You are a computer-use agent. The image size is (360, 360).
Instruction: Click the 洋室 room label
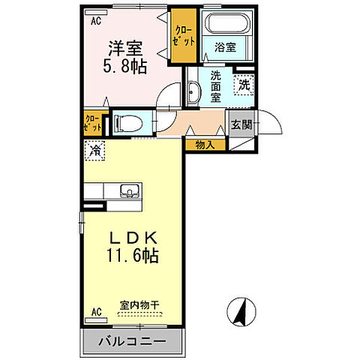point(125,48)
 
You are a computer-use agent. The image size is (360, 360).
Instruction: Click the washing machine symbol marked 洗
point(242,85)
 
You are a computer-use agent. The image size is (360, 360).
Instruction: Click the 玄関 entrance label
point(241,125)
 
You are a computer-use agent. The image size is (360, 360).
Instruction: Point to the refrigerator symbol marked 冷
point(96,150)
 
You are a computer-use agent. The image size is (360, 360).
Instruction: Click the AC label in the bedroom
point(96,20)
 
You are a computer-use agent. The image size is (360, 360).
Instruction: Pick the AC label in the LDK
point(96,310)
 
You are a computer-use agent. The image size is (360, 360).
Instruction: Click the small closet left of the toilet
point(94,122)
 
